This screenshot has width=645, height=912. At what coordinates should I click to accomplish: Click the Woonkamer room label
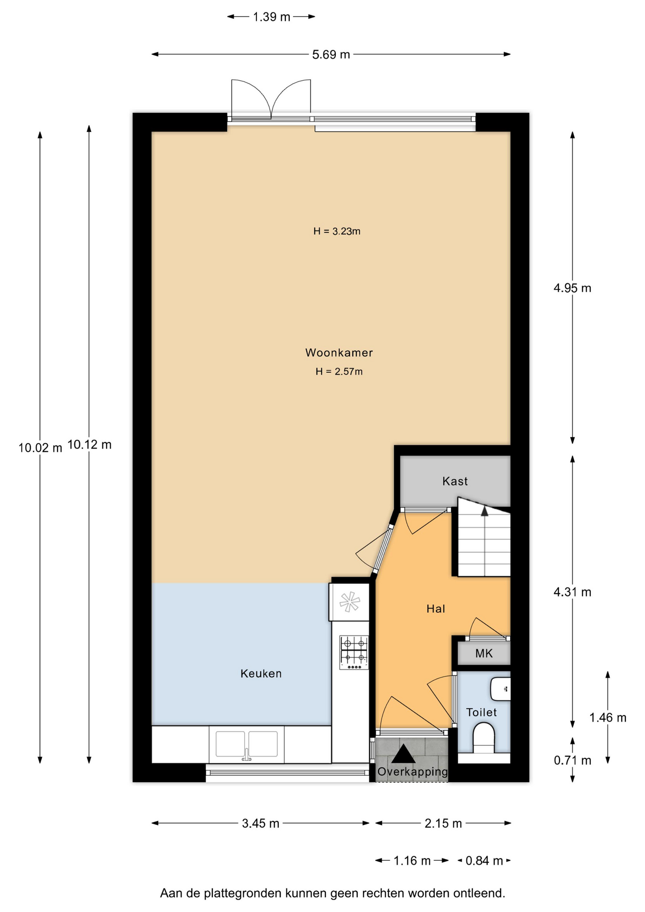(x=339, y=352)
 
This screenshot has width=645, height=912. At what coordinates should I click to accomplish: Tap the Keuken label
(x=261, y=673)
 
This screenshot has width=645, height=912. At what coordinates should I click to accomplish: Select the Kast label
(x=455, y=481)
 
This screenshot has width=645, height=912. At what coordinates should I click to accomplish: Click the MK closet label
(x=484, y=653)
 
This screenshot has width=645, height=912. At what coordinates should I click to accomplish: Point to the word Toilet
(x=481, y=712)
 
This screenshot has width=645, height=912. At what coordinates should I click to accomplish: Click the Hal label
(x=436, y=608)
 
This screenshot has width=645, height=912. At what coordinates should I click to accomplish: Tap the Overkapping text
(x=412, y=772)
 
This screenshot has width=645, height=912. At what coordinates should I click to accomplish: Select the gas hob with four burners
(x=354, y=653)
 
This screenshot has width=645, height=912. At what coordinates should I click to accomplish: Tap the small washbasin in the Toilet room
(x=500, y=689)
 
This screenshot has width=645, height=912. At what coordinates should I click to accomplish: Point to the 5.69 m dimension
(x=331, y=55)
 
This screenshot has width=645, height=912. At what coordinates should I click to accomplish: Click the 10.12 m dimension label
(x=89, y=445)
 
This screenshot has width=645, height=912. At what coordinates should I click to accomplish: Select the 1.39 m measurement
(x=271, y=17)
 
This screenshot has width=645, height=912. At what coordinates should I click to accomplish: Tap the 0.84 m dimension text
(x=484, y=861)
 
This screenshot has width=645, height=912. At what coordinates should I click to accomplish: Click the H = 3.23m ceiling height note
(x=337, y=231)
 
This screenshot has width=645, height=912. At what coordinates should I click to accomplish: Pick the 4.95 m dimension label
(x=572, y=288)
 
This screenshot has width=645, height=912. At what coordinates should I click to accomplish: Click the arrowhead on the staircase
(x=484, y=511)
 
